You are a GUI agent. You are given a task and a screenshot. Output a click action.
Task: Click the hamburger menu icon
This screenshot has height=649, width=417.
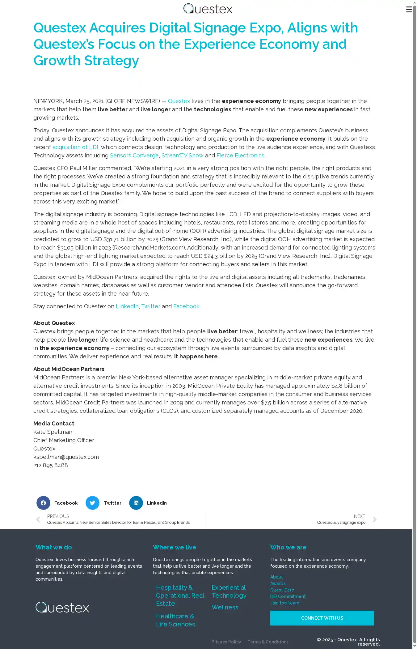pos(409,10)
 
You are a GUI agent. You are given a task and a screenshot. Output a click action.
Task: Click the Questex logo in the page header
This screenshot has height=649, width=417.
pos(208,9)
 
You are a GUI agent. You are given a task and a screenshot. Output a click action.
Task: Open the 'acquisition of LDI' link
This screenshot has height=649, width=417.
pos(75,147)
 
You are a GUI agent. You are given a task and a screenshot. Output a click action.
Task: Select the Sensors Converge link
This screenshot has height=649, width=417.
pos(134,156)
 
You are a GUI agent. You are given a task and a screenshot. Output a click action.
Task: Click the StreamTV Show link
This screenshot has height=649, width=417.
pos(182,156)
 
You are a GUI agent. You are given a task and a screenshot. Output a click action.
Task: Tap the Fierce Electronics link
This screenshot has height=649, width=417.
pos(240,156)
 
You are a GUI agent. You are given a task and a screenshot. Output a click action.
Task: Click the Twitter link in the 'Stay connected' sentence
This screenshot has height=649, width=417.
pos(151,306)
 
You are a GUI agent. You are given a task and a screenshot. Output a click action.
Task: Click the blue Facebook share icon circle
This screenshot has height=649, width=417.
pos(43,503)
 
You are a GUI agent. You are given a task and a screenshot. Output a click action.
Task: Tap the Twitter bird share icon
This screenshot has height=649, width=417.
pos(92,503)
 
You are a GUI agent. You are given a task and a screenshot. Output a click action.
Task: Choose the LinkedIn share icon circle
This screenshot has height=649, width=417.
pos(136,503)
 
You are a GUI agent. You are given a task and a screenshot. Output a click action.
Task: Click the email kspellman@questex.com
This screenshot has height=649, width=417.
pos(66,457)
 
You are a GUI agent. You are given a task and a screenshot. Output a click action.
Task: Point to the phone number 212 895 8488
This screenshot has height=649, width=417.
pos(51,465)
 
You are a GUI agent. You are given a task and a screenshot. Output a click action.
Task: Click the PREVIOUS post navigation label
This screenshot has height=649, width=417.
pos(58,516)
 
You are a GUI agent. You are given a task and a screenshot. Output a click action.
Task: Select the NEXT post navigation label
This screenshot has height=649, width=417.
pos(359,516)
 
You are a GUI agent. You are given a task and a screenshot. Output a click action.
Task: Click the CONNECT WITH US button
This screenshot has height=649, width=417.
pos(322,618)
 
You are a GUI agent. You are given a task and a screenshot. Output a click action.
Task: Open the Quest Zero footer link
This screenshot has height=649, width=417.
pos(282,590)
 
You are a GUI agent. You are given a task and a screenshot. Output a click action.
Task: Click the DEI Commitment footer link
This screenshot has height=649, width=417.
pos(288,596)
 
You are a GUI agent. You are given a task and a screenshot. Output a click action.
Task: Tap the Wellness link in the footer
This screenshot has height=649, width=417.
pos(225,607)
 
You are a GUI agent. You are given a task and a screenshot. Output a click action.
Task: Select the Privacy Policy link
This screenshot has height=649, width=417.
pos(226,642)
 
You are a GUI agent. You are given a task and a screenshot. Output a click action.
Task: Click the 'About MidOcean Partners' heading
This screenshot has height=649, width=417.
pos(69,369)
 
